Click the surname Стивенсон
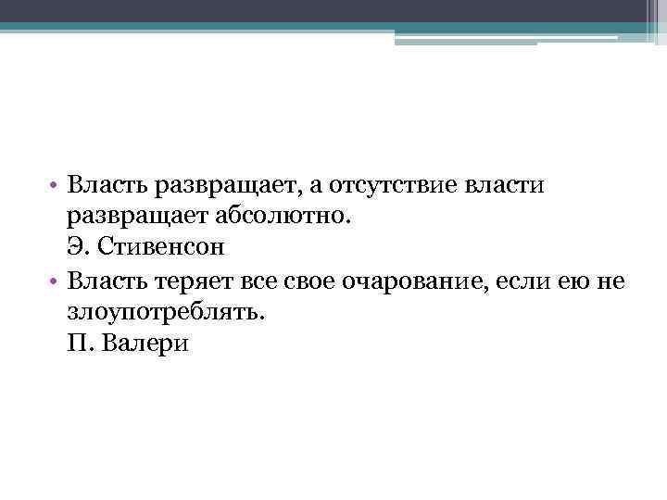pyautogui.click(x=170, y=249)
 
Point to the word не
pyautogui.click(x=609, y=281)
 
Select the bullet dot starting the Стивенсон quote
pyautogui.click(x=57, y=187)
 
